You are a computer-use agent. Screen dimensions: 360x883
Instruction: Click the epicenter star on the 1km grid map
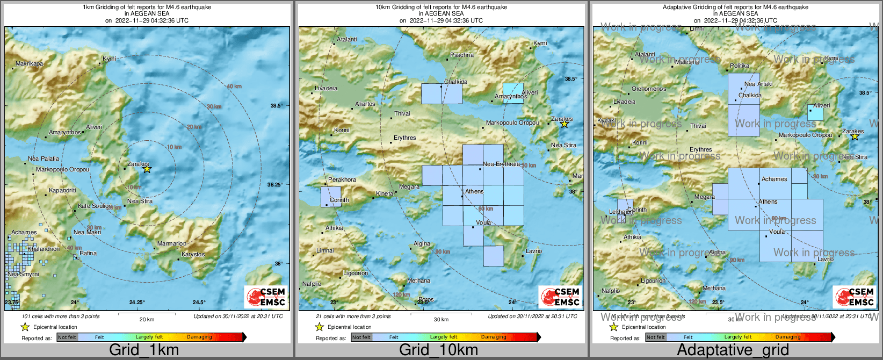[147, 169]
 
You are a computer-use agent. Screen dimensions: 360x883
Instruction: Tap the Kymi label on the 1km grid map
[109, 59]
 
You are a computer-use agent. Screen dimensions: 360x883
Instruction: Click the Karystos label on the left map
[193, 254]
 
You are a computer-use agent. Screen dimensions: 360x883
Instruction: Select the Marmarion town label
[172, 243]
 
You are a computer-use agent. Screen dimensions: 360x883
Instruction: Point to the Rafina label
[88, 253]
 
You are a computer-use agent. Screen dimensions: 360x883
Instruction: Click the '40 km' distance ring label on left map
[234, 87]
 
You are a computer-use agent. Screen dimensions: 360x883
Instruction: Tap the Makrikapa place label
[29, 63]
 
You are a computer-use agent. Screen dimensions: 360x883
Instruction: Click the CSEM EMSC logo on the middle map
[560, 297]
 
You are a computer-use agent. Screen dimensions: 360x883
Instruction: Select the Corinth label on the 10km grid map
[339, 200]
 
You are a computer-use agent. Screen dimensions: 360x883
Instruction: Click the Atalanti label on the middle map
[346, 39]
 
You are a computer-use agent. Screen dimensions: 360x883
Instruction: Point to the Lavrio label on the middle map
[534, 251]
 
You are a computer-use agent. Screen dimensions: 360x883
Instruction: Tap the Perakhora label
[342, 179]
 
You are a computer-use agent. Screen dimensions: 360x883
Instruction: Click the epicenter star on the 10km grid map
[564, 124]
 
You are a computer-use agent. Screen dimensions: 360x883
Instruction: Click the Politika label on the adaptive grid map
[740, 66]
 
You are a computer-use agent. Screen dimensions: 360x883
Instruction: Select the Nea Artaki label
[758, 84]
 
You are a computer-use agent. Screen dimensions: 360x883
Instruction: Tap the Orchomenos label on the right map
[649, 89]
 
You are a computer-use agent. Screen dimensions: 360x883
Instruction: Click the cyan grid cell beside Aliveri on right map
[815, 113]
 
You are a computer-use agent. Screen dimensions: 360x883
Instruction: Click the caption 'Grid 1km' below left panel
[144, 350]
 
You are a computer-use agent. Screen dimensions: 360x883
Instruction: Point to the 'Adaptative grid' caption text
[733, 350]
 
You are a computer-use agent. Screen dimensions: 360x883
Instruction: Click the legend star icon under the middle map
[319, 327]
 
